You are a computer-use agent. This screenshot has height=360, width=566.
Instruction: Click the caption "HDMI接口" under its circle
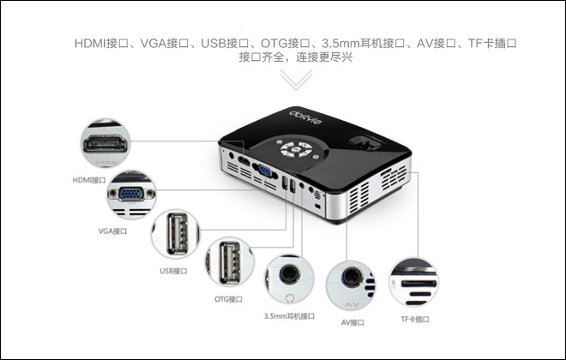point(90,181)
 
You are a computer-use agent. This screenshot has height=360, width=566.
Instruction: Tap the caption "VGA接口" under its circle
point(113,231)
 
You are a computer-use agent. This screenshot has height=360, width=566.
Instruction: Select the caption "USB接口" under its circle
point(173,271)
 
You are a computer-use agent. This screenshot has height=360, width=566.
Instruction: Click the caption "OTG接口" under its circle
point(228,299)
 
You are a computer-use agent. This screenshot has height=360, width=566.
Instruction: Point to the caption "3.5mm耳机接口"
point(289,316)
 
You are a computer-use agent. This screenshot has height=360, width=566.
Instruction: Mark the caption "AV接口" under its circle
point(352,322)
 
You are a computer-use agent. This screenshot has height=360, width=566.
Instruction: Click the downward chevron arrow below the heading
point(295,81)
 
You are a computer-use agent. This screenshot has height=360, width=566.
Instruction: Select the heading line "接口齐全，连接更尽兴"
point(295,57)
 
